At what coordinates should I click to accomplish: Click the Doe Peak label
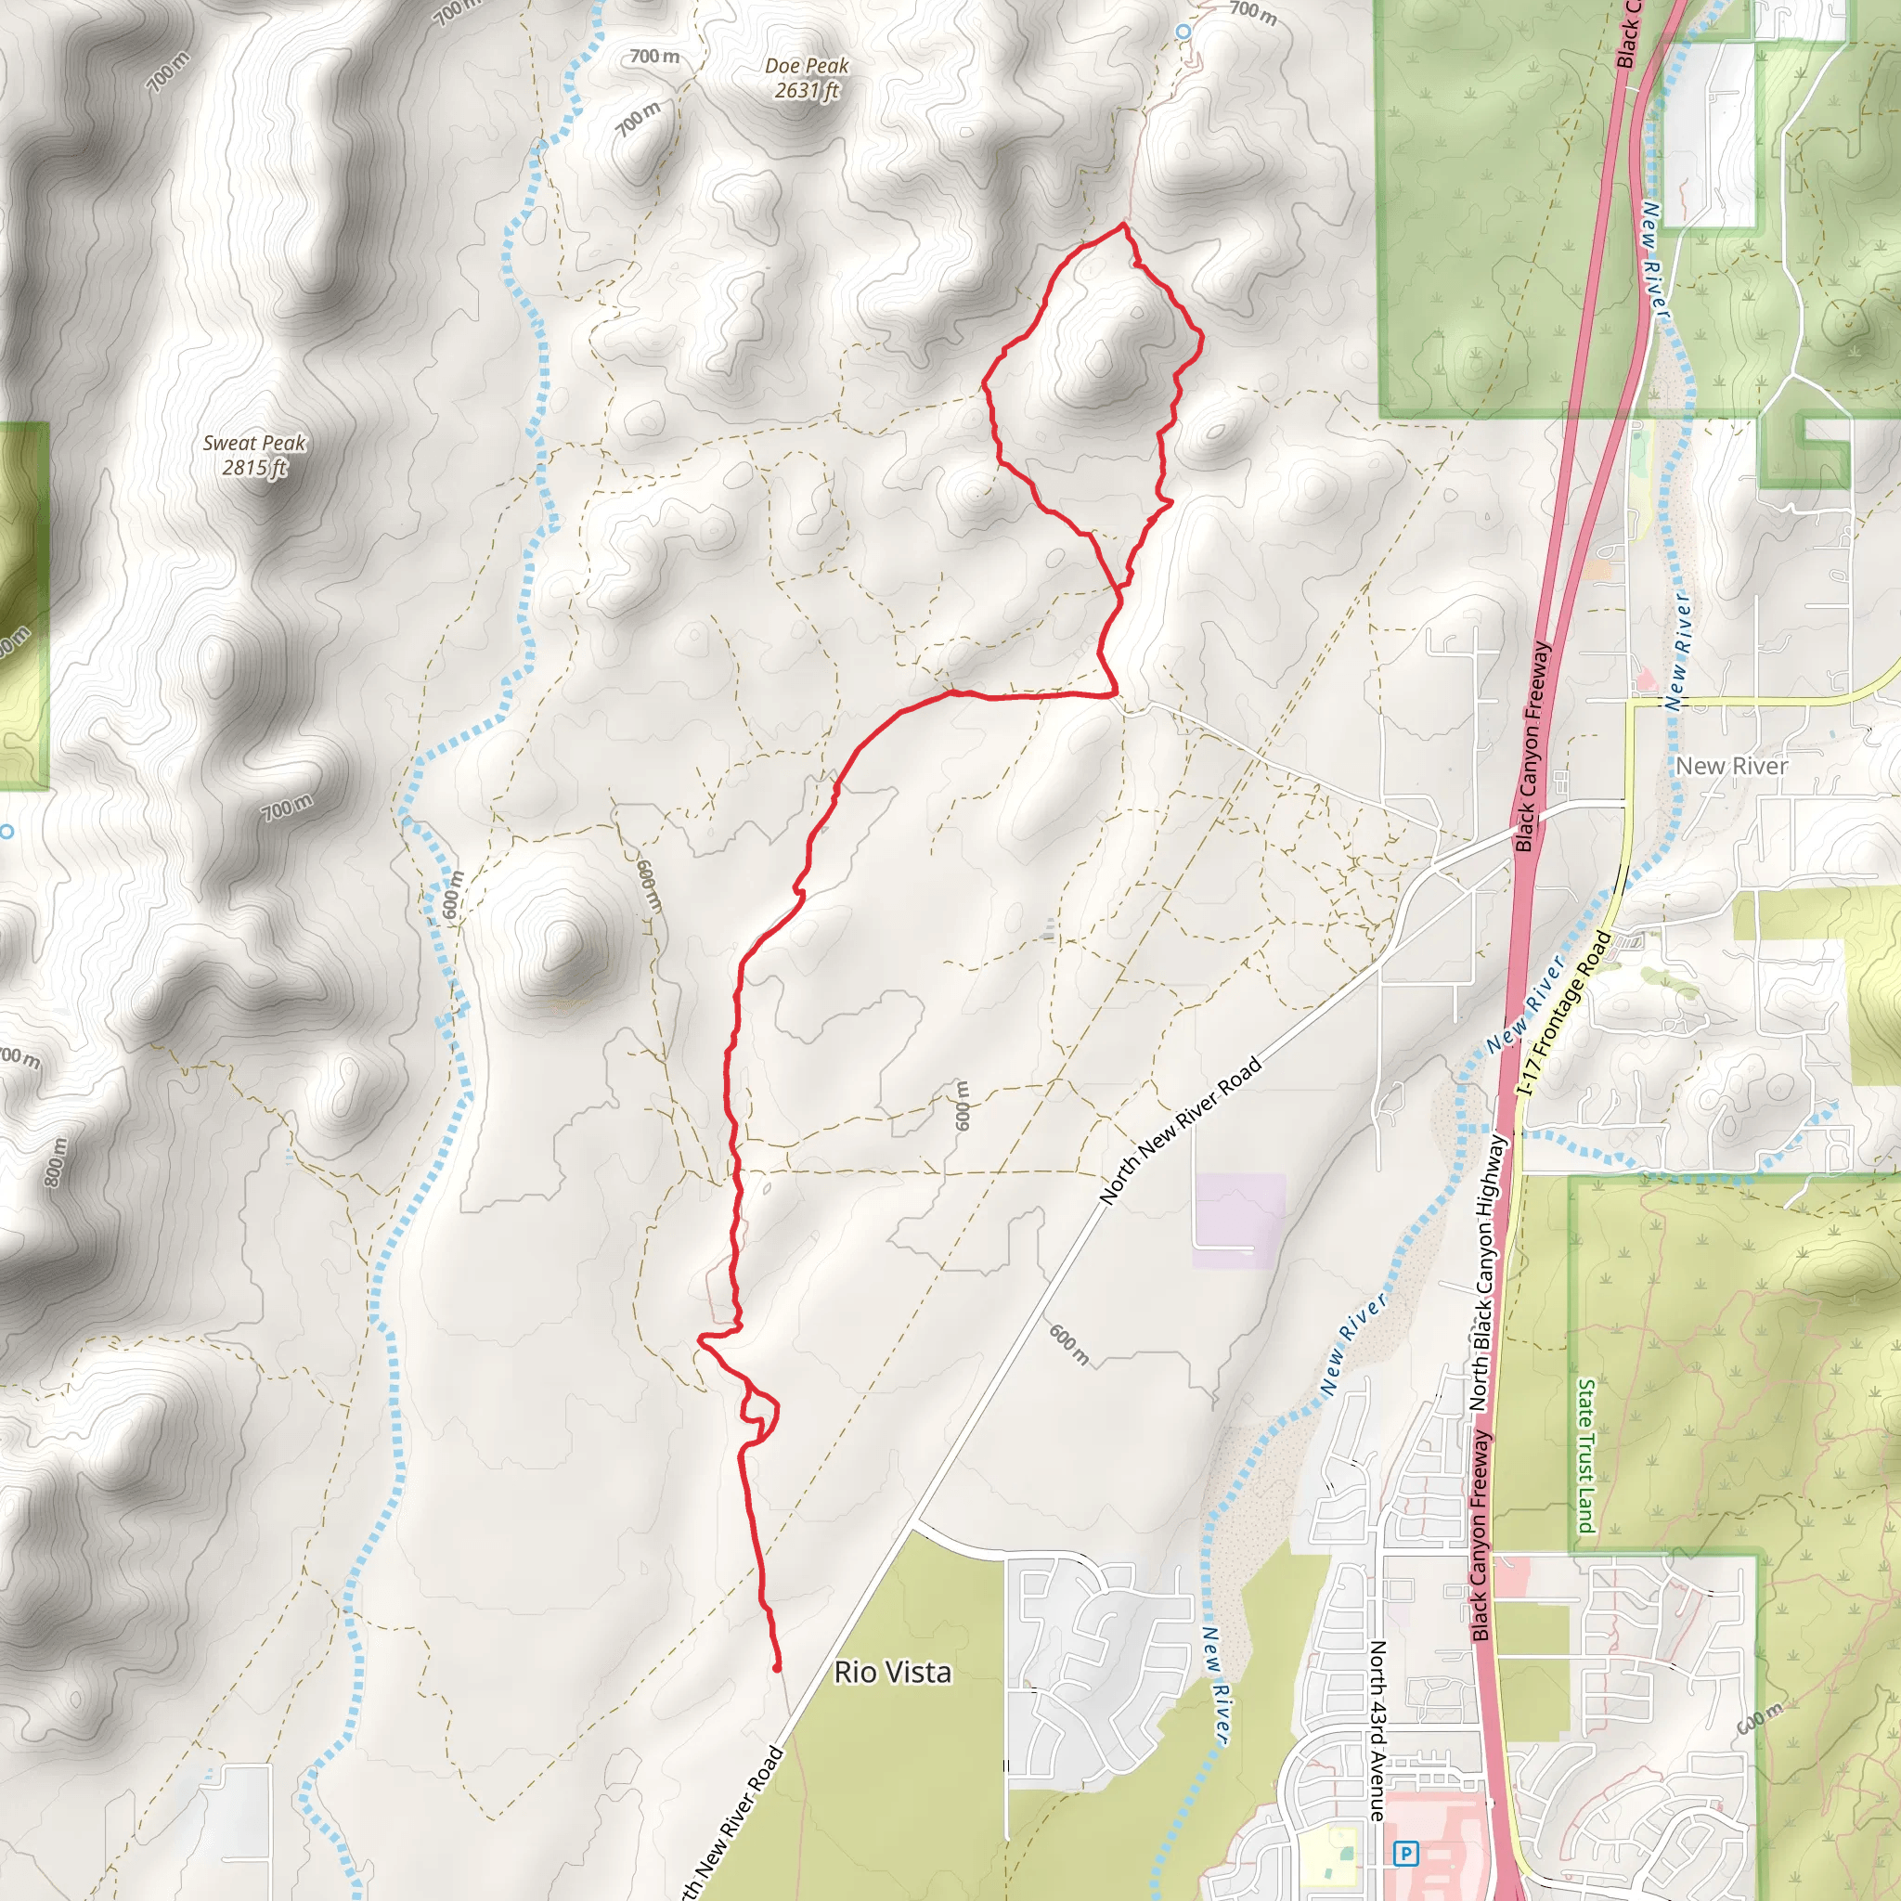807,66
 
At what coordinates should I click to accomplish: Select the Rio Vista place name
892,1672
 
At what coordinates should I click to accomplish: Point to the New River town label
1732,766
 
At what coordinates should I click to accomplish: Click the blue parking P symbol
1406,1855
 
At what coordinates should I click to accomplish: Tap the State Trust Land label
1585,1455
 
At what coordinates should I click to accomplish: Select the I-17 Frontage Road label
1563,1014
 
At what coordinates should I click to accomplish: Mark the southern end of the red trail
777,1669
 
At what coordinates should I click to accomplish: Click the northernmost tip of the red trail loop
1124,226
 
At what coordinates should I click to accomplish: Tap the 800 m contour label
56,1162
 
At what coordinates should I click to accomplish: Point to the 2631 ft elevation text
807,91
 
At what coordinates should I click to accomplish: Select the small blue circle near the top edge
1183,32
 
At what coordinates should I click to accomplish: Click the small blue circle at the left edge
6,832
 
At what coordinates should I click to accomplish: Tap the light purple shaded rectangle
1239,1220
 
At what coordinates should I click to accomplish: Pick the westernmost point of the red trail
700,1338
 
